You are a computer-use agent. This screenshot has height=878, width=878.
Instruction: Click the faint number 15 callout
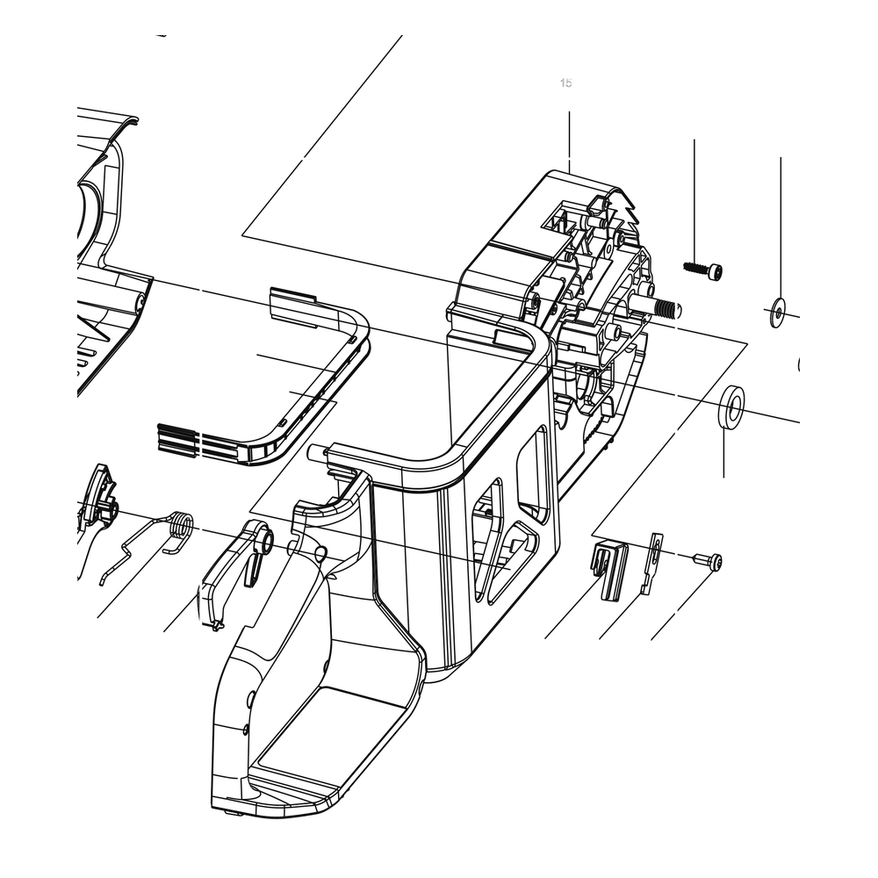565,83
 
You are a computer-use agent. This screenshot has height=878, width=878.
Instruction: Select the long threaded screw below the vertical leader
703,269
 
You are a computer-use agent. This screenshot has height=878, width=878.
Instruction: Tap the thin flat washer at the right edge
777,313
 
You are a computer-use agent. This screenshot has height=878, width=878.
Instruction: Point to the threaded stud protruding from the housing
658,306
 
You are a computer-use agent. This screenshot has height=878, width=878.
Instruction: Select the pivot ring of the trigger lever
264,540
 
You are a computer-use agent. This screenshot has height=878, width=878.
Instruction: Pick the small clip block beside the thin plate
609,571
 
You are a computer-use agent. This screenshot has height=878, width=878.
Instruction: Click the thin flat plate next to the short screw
652,563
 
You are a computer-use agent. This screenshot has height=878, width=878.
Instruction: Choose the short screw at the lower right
709,561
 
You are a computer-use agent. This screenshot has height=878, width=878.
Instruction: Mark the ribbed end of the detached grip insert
177,437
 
